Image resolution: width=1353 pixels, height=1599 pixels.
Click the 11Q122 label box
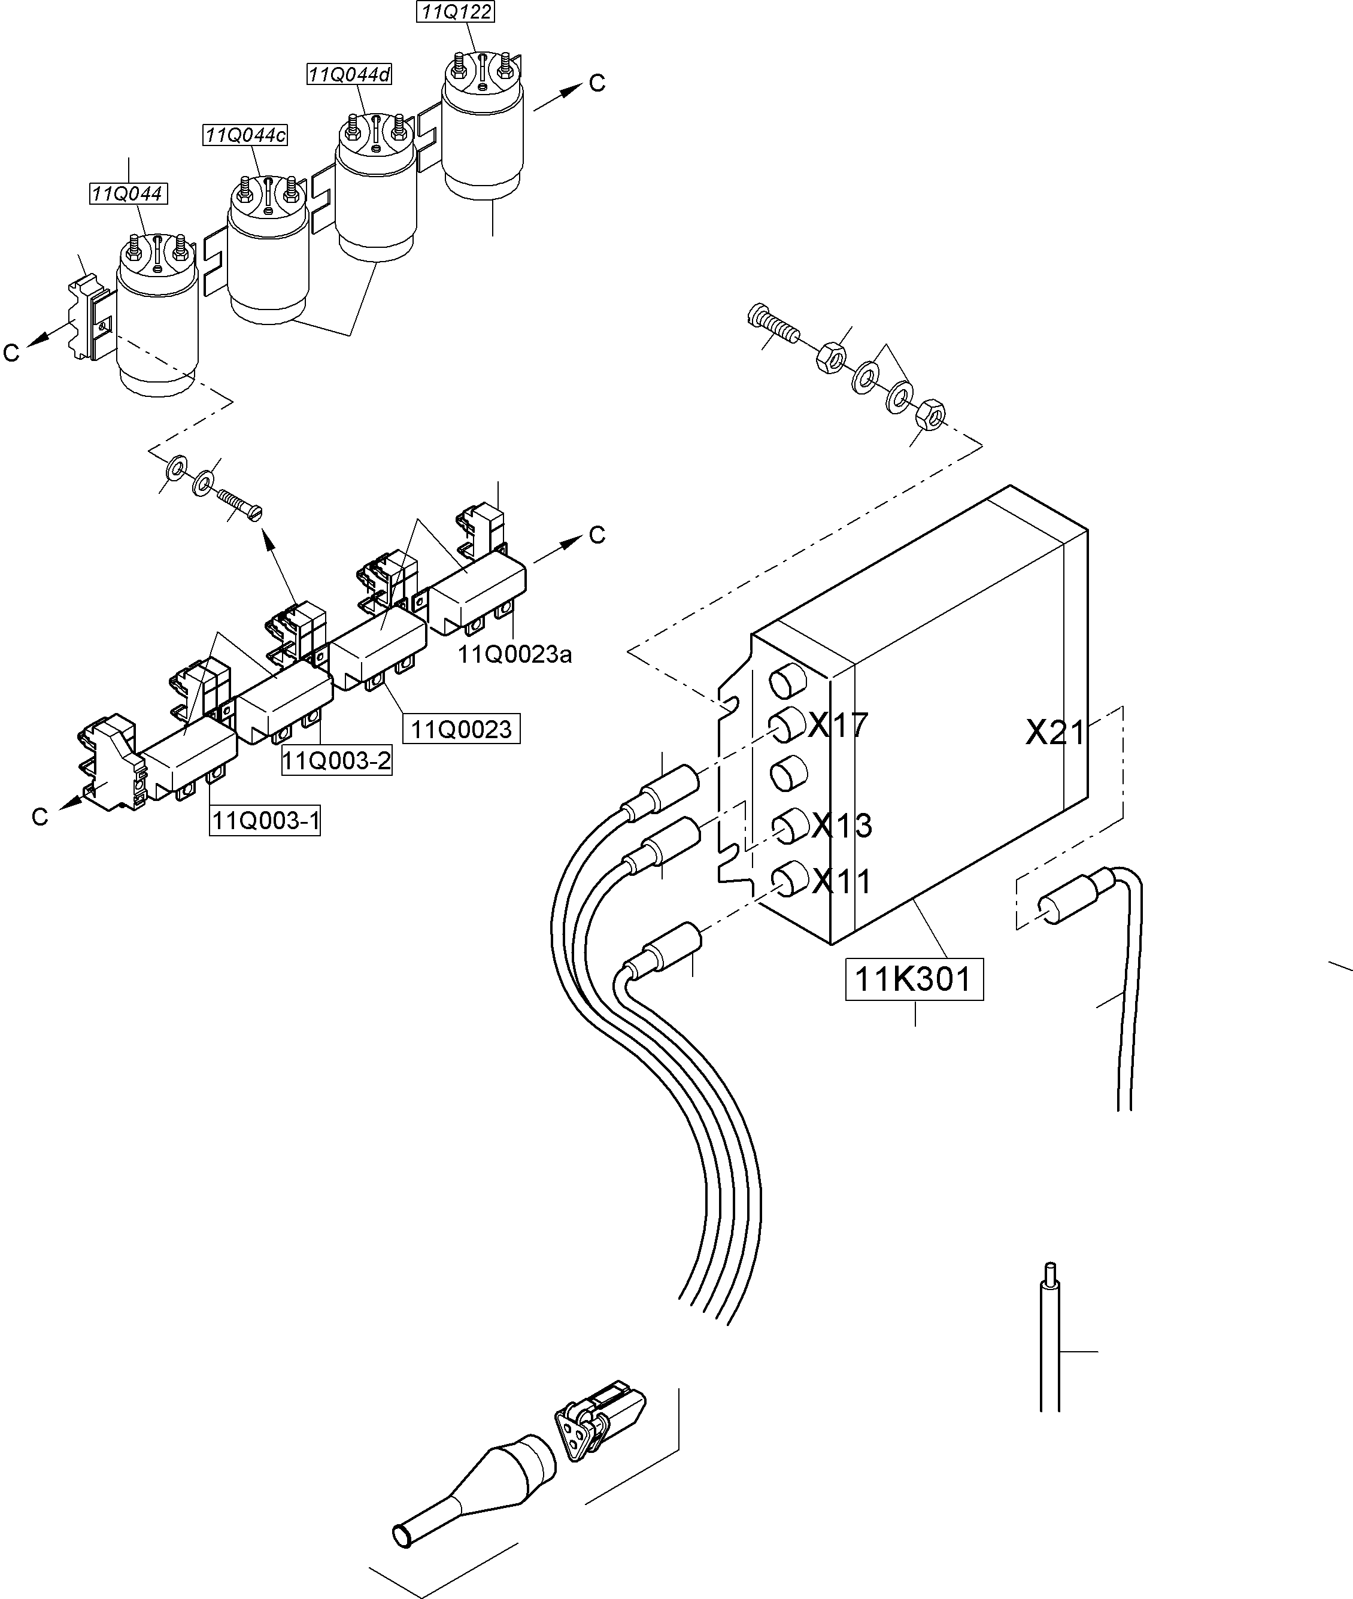pyautogui.click(x=456, y=12)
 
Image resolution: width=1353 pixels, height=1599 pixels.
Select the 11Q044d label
pyautogui.click(x=349, y=74)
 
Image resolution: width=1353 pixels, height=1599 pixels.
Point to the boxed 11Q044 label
pyautogui.click(x=128, y=194)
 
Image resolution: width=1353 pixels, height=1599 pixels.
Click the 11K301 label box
pyautogui.click(x=914, y=979)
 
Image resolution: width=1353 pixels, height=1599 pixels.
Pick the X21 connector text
pyautogui.click(x=1055, y=734)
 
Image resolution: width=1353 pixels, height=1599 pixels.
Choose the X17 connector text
pyautogui.click(x=838, y=725)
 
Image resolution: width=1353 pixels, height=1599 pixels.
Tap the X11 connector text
pyautogui.click(x=841, y=882)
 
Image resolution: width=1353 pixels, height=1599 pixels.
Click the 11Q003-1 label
pyautogui.click(x=265, y=821)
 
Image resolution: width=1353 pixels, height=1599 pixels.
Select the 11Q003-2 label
pyautogui.click(x=336, y=761)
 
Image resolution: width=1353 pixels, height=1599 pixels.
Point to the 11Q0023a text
pyautogui.click(x=515, y=654)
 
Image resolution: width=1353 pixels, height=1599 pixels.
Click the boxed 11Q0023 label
pyautogui.click(x=461, y=729)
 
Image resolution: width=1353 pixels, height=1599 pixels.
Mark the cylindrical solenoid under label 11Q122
pyautogui.click(x=483, y=134)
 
